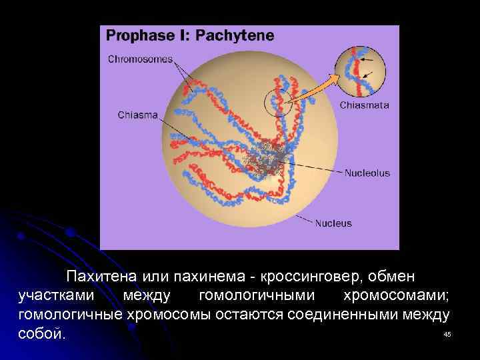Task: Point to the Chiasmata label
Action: coord(365,105)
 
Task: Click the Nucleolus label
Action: coord(367,173)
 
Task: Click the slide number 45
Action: coord(447,334)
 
